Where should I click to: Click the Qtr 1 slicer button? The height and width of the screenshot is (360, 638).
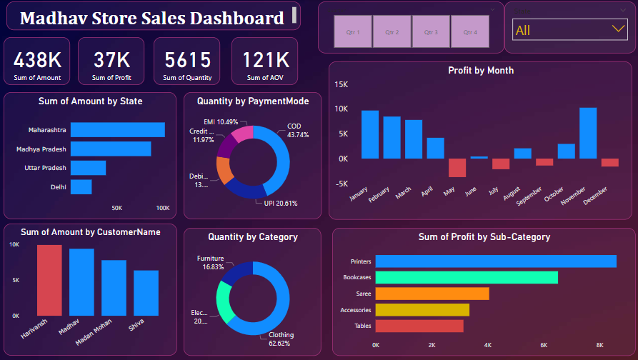click(353, 32)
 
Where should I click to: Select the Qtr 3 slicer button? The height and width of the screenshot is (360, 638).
click(431, 32)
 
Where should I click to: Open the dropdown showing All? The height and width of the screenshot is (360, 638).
click(569, 30)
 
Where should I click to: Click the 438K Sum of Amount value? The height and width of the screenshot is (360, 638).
click(36, 60)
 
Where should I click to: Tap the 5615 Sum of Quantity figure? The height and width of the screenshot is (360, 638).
click(187, 60)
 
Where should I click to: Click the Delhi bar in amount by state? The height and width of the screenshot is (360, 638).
click(81, 186)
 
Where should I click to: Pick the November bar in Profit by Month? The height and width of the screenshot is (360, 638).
click(587, 133)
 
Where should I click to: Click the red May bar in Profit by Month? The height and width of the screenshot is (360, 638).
click(457, 167)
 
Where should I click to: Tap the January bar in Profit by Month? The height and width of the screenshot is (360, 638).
click(369, 134)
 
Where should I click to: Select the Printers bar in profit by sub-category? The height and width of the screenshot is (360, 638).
click(496, 261)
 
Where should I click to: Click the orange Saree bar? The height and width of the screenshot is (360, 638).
click(432, 294)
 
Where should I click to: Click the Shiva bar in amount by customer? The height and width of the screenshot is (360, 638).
click(146, 292)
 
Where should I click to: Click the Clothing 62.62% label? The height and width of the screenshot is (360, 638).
click(281, 339)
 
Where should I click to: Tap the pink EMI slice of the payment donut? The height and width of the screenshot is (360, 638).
click(242, 134)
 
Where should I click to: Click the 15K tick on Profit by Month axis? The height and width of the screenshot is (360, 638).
click(341, 84)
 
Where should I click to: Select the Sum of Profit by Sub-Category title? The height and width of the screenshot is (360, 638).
click(484, 237)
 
